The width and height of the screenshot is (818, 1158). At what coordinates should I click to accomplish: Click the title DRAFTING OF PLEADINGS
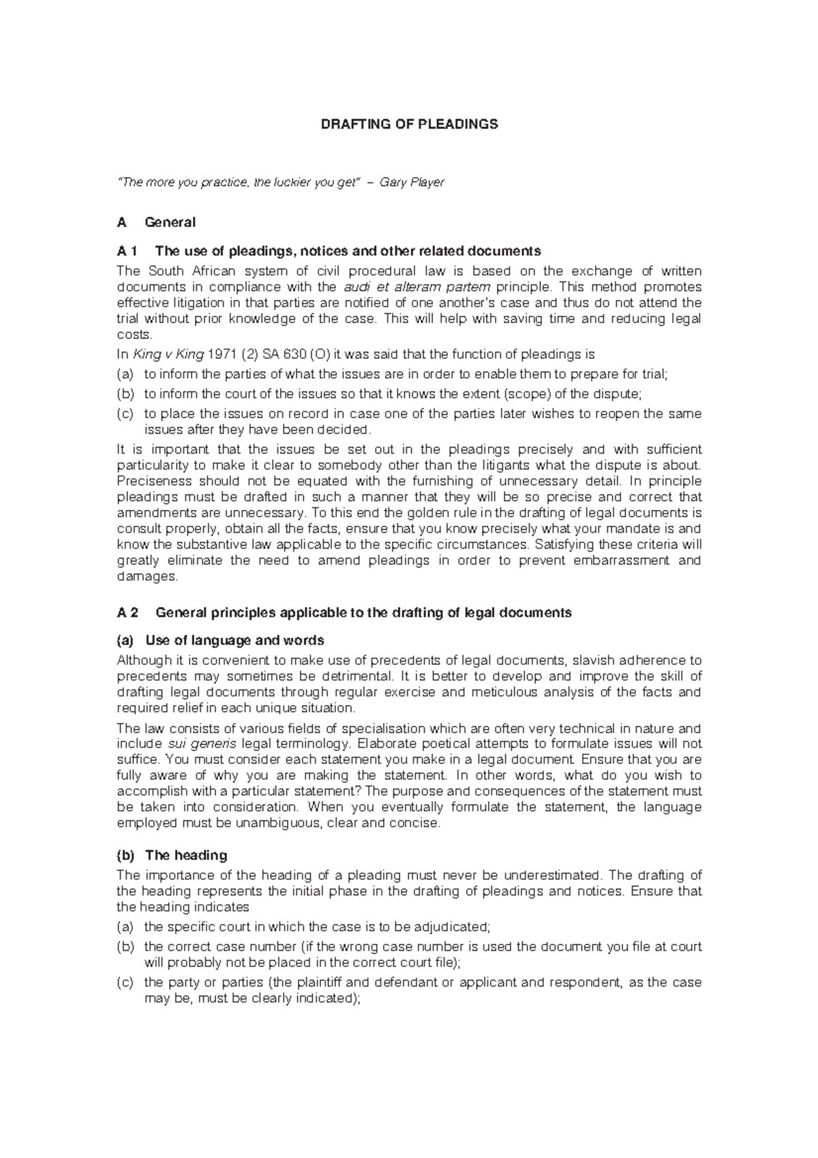click(409, 124)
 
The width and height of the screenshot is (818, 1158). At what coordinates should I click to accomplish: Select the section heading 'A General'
click(156, 222)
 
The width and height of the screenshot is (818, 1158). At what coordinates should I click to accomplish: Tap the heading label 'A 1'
click(127, 250)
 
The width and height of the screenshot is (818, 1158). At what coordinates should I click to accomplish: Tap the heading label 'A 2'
click(127, 612)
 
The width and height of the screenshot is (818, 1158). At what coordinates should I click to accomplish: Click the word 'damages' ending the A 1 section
click(145, 576)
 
